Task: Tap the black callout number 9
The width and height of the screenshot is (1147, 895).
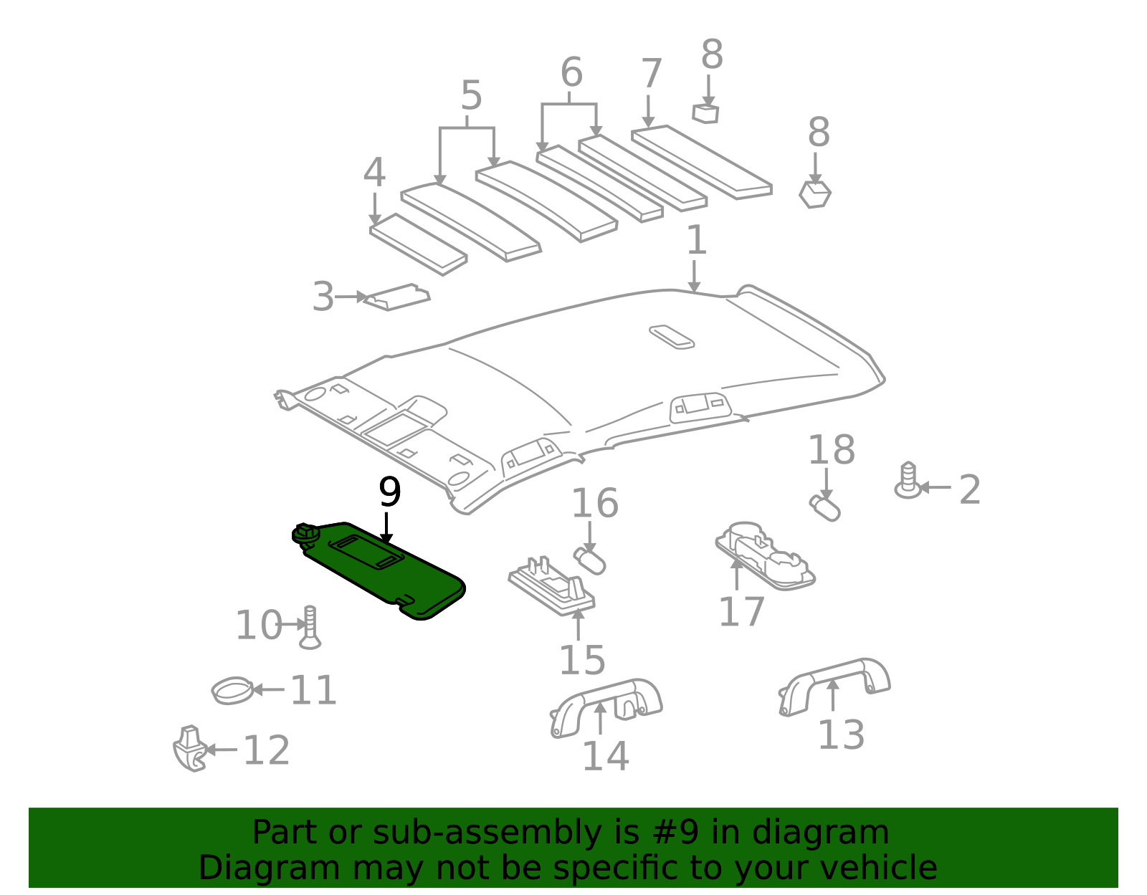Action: (389, 493)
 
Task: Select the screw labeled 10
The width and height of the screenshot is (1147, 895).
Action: (310, 628)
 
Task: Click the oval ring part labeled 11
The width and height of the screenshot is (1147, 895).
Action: (232, 691)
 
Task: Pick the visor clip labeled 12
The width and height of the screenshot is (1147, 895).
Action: (189, 749)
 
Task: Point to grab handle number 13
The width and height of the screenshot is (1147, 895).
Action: (835, 684)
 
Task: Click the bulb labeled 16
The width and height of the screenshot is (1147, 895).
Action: (590, 560)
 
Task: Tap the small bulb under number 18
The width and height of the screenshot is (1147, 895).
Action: (824, 507)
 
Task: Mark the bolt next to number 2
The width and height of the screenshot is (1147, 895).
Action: (908, 482)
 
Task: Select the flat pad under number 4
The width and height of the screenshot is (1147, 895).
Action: (418, 244)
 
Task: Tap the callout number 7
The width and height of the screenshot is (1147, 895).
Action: (650, 74)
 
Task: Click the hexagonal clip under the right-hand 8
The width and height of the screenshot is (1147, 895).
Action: (815, 194)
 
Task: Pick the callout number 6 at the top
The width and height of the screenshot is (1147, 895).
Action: (571, 73)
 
